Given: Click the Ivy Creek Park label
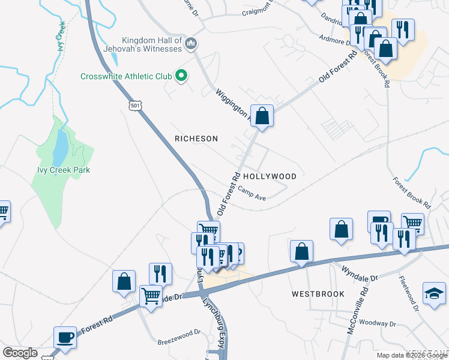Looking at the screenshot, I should click(x=60, y=170).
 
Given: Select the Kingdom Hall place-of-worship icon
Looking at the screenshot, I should click(x=191, y=43).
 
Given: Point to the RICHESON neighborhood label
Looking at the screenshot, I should click(x=196, y=139).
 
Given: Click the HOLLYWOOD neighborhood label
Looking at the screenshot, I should click(x=270, y=176).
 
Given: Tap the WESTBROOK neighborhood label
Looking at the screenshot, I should click(x=318, y=294).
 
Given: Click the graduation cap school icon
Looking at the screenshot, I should click(x=434, y=293).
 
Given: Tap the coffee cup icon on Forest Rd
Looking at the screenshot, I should click(x=65, y=337).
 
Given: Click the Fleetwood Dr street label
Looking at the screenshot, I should click(x=409, y=290).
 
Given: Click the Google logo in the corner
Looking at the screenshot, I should click(x=19, y=352).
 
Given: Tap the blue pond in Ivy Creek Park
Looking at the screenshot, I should click(x=60, y=148).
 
